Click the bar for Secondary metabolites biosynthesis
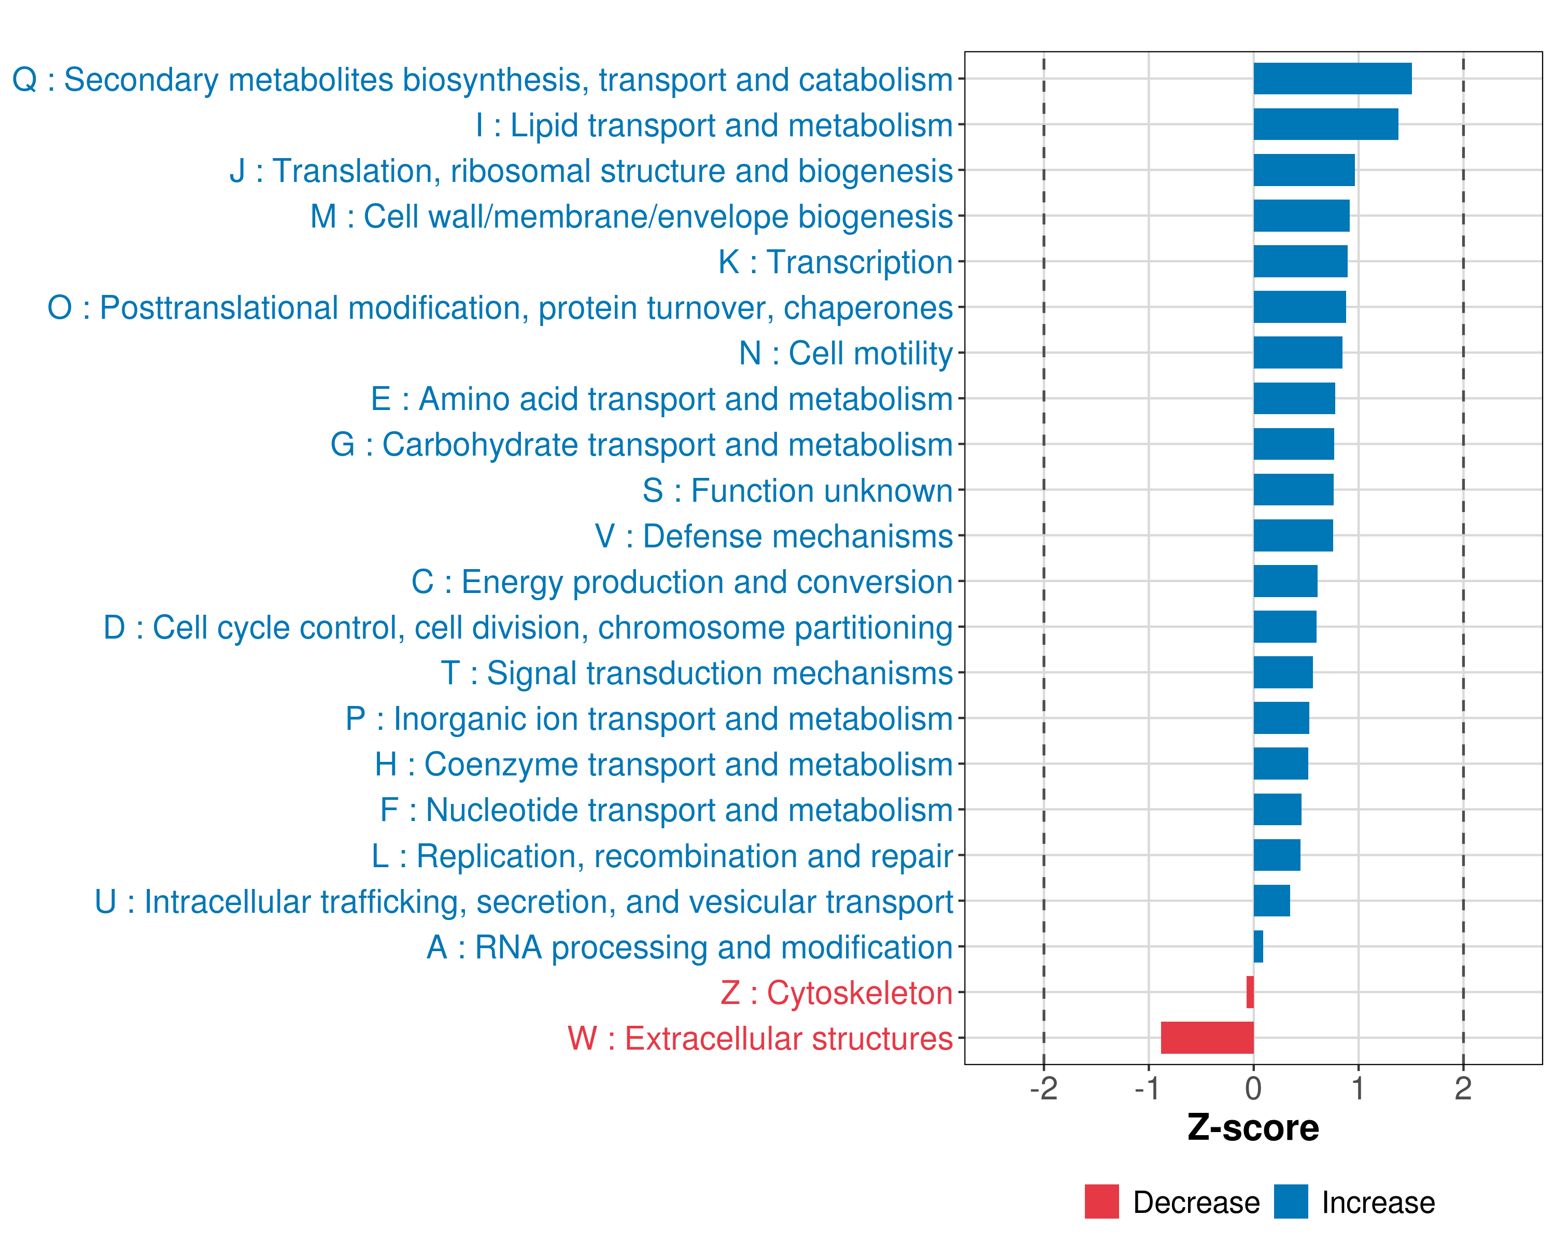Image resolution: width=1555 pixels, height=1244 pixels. [1332, 79]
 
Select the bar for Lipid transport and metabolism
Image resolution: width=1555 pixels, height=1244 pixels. [1326, 124]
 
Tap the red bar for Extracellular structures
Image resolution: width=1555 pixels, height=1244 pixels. [1207, 1037]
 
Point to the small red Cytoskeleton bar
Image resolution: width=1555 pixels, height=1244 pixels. [1250, 992]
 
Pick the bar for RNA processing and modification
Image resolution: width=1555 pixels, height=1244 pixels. [1258, 946]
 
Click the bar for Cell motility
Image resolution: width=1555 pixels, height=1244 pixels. [1297, 352]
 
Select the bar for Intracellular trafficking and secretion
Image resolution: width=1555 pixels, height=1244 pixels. [1271, 901]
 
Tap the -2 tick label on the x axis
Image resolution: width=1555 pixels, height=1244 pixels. [1043, 1088]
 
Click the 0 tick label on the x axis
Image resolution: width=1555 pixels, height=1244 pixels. [1253, 1088]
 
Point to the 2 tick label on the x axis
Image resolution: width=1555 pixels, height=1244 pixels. [1463, 1088]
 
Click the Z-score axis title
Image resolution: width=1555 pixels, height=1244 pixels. [1253, 1127]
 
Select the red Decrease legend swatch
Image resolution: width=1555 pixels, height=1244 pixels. [1101, 1201]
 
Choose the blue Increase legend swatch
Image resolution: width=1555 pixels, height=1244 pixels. [1290, 1201]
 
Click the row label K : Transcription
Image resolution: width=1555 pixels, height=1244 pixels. [835, 262]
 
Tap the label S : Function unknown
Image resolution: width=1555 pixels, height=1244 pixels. [797, 490]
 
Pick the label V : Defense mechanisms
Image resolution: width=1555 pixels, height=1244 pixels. [773, 536]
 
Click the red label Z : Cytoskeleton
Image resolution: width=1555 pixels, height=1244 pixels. [836, 992]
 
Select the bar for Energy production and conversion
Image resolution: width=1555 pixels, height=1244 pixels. [1285, 581]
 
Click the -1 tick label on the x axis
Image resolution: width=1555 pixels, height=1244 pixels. [1148, 1088]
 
